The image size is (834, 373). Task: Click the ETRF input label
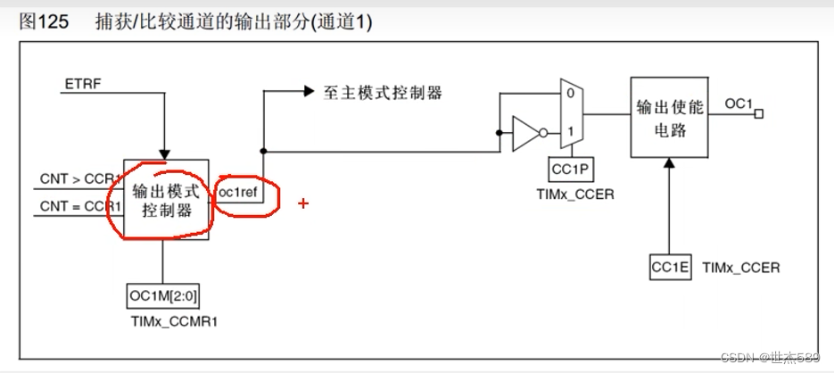[82, 84]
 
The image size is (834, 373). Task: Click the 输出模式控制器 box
[166, 199]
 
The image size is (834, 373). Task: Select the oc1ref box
[240, 192]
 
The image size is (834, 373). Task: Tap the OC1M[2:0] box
[162, 295]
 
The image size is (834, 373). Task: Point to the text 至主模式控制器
[383, 92]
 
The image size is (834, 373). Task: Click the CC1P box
[572, 170]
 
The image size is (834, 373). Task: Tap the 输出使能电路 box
[670, 116]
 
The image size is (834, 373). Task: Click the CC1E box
[671, 266]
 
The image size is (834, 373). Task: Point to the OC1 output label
[738, 104]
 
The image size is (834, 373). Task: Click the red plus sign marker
[303, 203]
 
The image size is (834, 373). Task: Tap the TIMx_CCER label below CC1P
[573, 193]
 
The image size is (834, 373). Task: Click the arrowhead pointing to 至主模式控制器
[309, 91]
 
